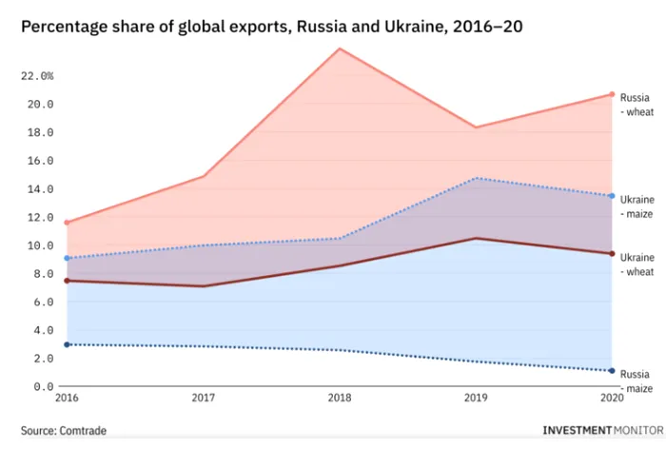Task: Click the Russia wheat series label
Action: (637, 105)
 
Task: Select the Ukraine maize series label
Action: (637, 206)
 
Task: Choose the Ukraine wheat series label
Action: (637, 265)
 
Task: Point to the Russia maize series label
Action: (637, 381)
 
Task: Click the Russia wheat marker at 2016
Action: (66, 223)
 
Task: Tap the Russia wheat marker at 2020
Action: (611, 94)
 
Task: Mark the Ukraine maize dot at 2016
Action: (66, 258)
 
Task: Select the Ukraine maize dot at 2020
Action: (611, 196)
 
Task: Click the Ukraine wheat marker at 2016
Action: (66, 281)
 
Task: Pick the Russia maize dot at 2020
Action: (611, 371)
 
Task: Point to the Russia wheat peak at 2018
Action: (339, 49)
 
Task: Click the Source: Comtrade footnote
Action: (64, 431)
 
